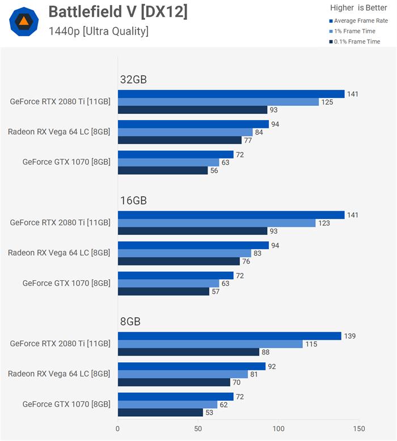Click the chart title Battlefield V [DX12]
117,11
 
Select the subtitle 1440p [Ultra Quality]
98,31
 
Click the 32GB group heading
133,80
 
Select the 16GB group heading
133,200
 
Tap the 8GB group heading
130,322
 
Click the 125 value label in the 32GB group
328,102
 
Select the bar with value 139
229,336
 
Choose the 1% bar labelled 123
216,223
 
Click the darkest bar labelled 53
160,413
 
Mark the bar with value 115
210,344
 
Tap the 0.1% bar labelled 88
188,352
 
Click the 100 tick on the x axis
278,429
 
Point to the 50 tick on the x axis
198,429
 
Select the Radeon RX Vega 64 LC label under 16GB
59,253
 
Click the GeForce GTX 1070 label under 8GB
66,404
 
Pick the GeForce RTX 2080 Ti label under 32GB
60,102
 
